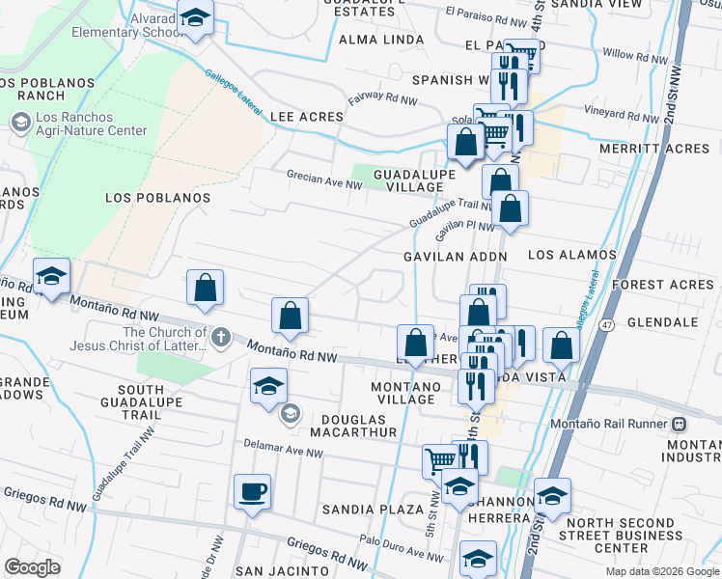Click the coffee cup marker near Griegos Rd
[x=252, y=491]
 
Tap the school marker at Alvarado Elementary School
[x=195, y=18]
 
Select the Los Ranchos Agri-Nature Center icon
[x=19, y=123]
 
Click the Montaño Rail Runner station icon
[x=680, y=423]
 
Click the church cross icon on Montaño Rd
[x=221, y=337]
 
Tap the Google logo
[x=32, y=567]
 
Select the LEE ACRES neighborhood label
[x=307, y=117]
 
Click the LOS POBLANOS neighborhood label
[x=156, y=197]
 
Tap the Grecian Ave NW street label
[x=323, y=176]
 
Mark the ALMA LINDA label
[x=381, y=40]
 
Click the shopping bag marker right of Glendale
[x=560, y=345]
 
